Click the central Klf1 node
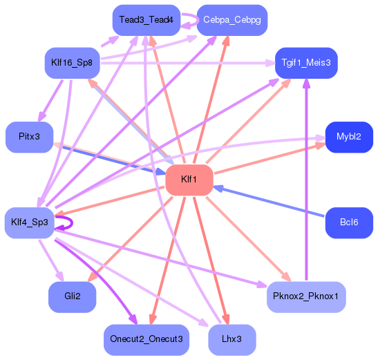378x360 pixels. click(189, 180)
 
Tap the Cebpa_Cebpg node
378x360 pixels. click(232, 20)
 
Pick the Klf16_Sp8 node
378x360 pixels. click(73, 63)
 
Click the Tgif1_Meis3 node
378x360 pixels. click(305, 63)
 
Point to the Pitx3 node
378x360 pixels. click(29, 137)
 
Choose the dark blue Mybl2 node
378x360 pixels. click(349, 137)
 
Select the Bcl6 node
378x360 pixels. click(349, 222)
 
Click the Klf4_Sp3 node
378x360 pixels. click(30, 222)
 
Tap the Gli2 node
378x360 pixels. click(72, 297)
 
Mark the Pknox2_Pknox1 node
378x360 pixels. click(305, 297)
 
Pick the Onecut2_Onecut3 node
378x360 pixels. click(146, 339)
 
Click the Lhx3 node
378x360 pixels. click(232, 339)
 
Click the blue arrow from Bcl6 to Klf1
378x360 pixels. click(270, 201)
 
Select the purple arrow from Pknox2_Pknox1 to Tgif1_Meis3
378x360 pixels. click(306, 180)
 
